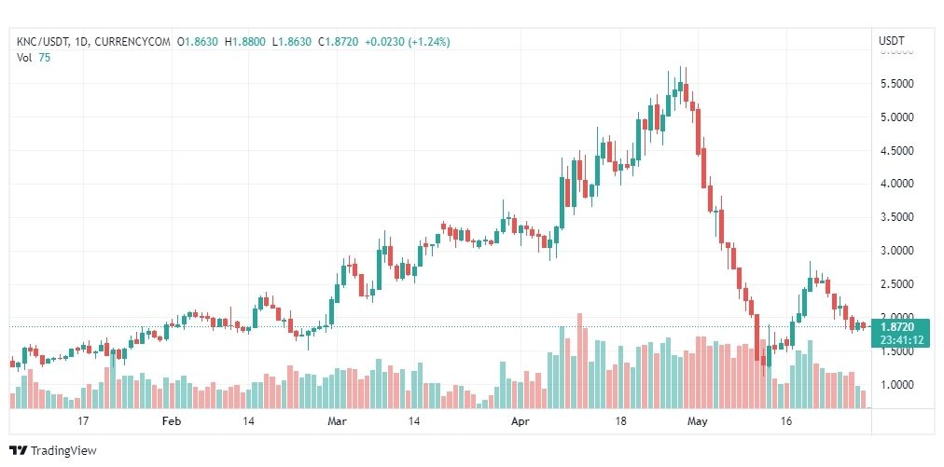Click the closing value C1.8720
tap(340, 41)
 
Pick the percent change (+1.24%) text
tap(425, 41)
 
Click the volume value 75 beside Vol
tap(45, 57)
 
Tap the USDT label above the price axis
tap(892, 41)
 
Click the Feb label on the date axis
tap(171, 421)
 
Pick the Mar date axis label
tap(337, 421)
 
